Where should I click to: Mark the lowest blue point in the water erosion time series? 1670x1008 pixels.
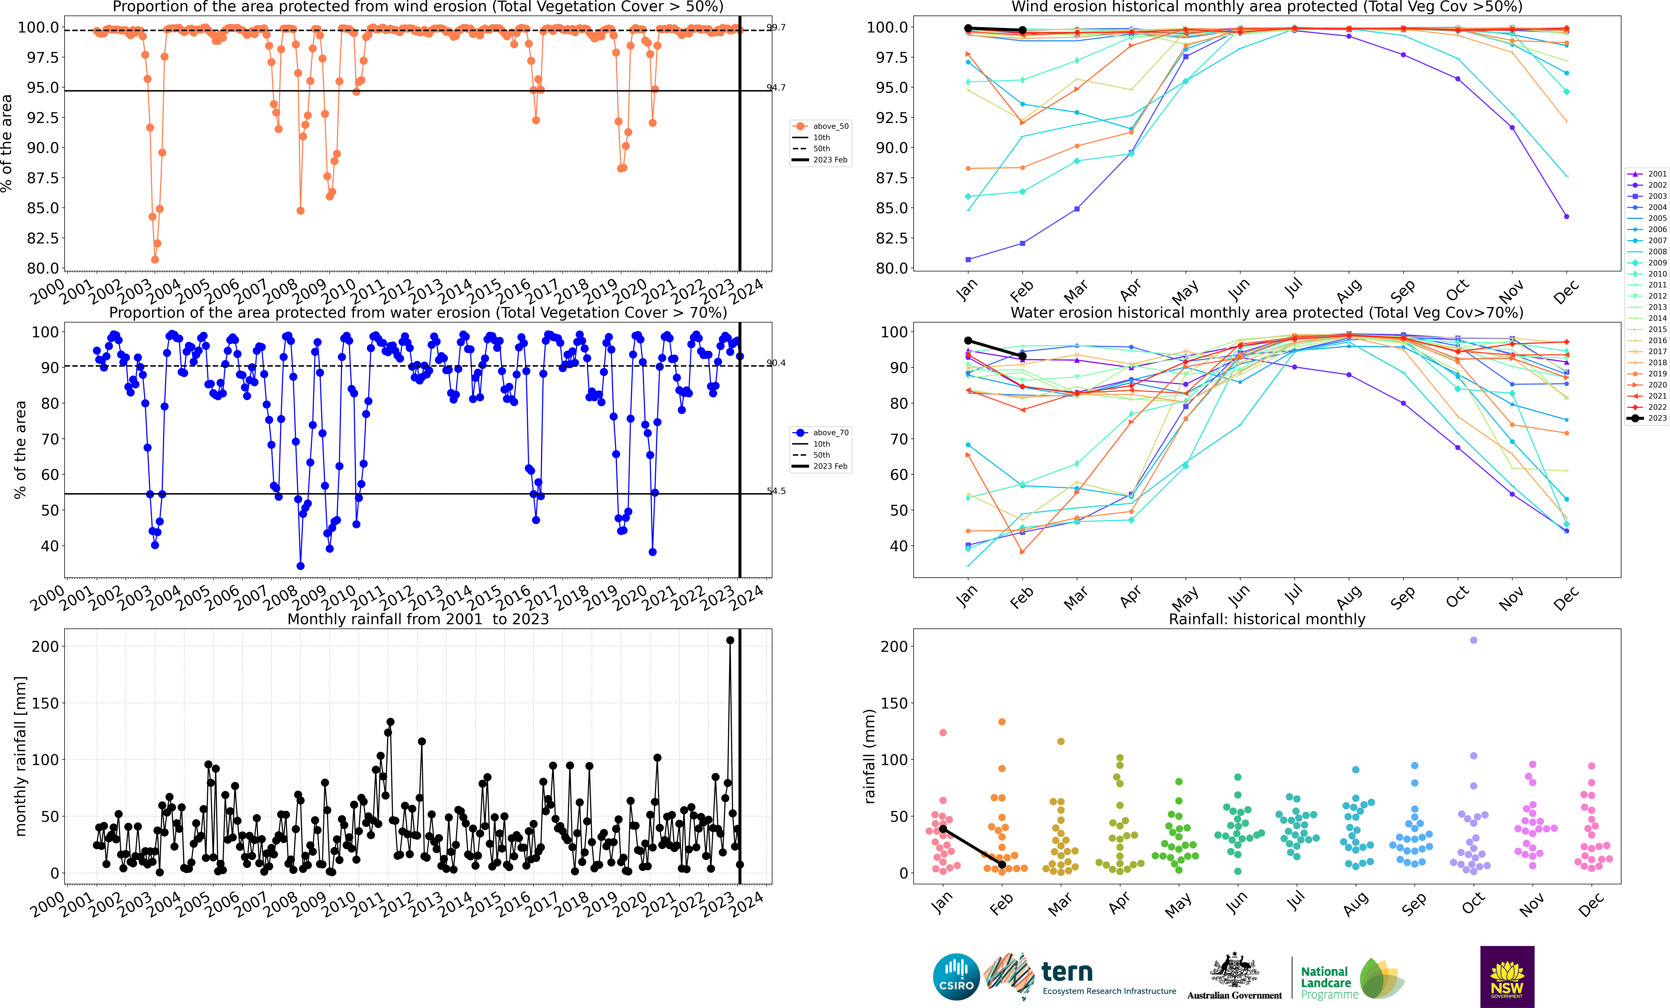(300, 566)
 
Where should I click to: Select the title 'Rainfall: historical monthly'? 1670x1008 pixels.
(1267, 619)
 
